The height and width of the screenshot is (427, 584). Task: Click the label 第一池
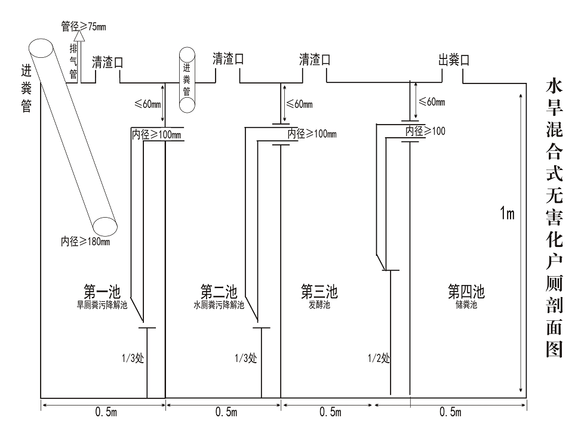click(x=102, y=292)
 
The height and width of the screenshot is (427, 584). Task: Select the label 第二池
click(x=219, y=292)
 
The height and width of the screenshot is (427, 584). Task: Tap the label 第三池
click(x=319, y=292)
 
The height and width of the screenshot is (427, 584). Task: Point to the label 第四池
click(x=466, y=292)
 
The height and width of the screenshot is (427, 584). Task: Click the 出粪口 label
click(x=454, y=60)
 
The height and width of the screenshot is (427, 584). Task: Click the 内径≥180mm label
click(x=85, y=242)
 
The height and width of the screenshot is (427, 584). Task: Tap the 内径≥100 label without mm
click(x=426, y=131)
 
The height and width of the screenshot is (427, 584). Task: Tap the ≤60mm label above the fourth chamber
click(x=432, y=102)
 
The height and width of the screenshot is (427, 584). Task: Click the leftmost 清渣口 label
click(x=107, y=62)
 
